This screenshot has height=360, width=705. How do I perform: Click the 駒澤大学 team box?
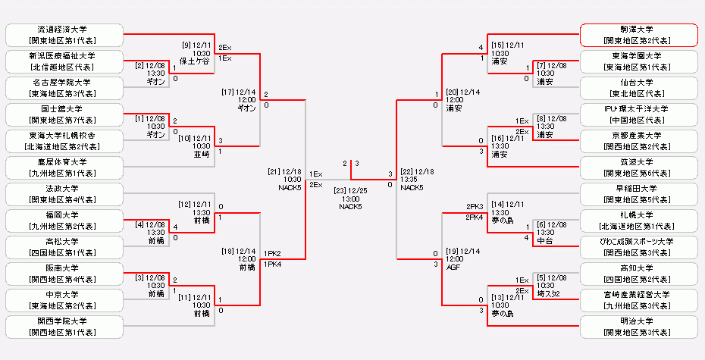pyautogui.click(x=638, y=34)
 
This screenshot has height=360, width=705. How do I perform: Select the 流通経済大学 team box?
pyautogui.click(x=64, y=34)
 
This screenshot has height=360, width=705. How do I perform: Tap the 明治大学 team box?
pyautogui.click(x=638, y=327)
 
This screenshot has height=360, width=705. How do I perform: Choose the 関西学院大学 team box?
pyautogui.click(x=64, y=327)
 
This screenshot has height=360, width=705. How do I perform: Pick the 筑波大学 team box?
pyautogui.click(x=638, y=167)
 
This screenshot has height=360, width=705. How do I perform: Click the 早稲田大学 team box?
pyautogui.click(x=638, y=194)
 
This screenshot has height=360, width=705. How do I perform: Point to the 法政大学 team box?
pyautogui.click(x=64, y=194)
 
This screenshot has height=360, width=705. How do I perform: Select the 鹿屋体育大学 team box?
pyautogui.click(x=64, y=167)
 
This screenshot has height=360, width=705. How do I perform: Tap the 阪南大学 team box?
pyautogui.click(x=64, y=274)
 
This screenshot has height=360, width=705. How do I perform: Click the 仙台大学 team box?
pyautogui.click(x=638, y=87)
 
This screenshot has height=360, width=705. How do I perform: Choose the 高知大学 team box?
pyautogui.click(x=638, y=274)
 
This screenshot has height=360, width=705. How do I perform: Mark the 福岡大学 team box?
pyautogui.click(x=64, y=221)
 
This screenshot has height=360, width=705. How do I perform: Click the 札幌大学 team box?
pyautogui.click(x=638, y=221)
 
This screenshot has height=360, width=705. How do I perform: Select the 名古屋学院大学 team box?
pyautogui.click(x=64, y=87)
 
